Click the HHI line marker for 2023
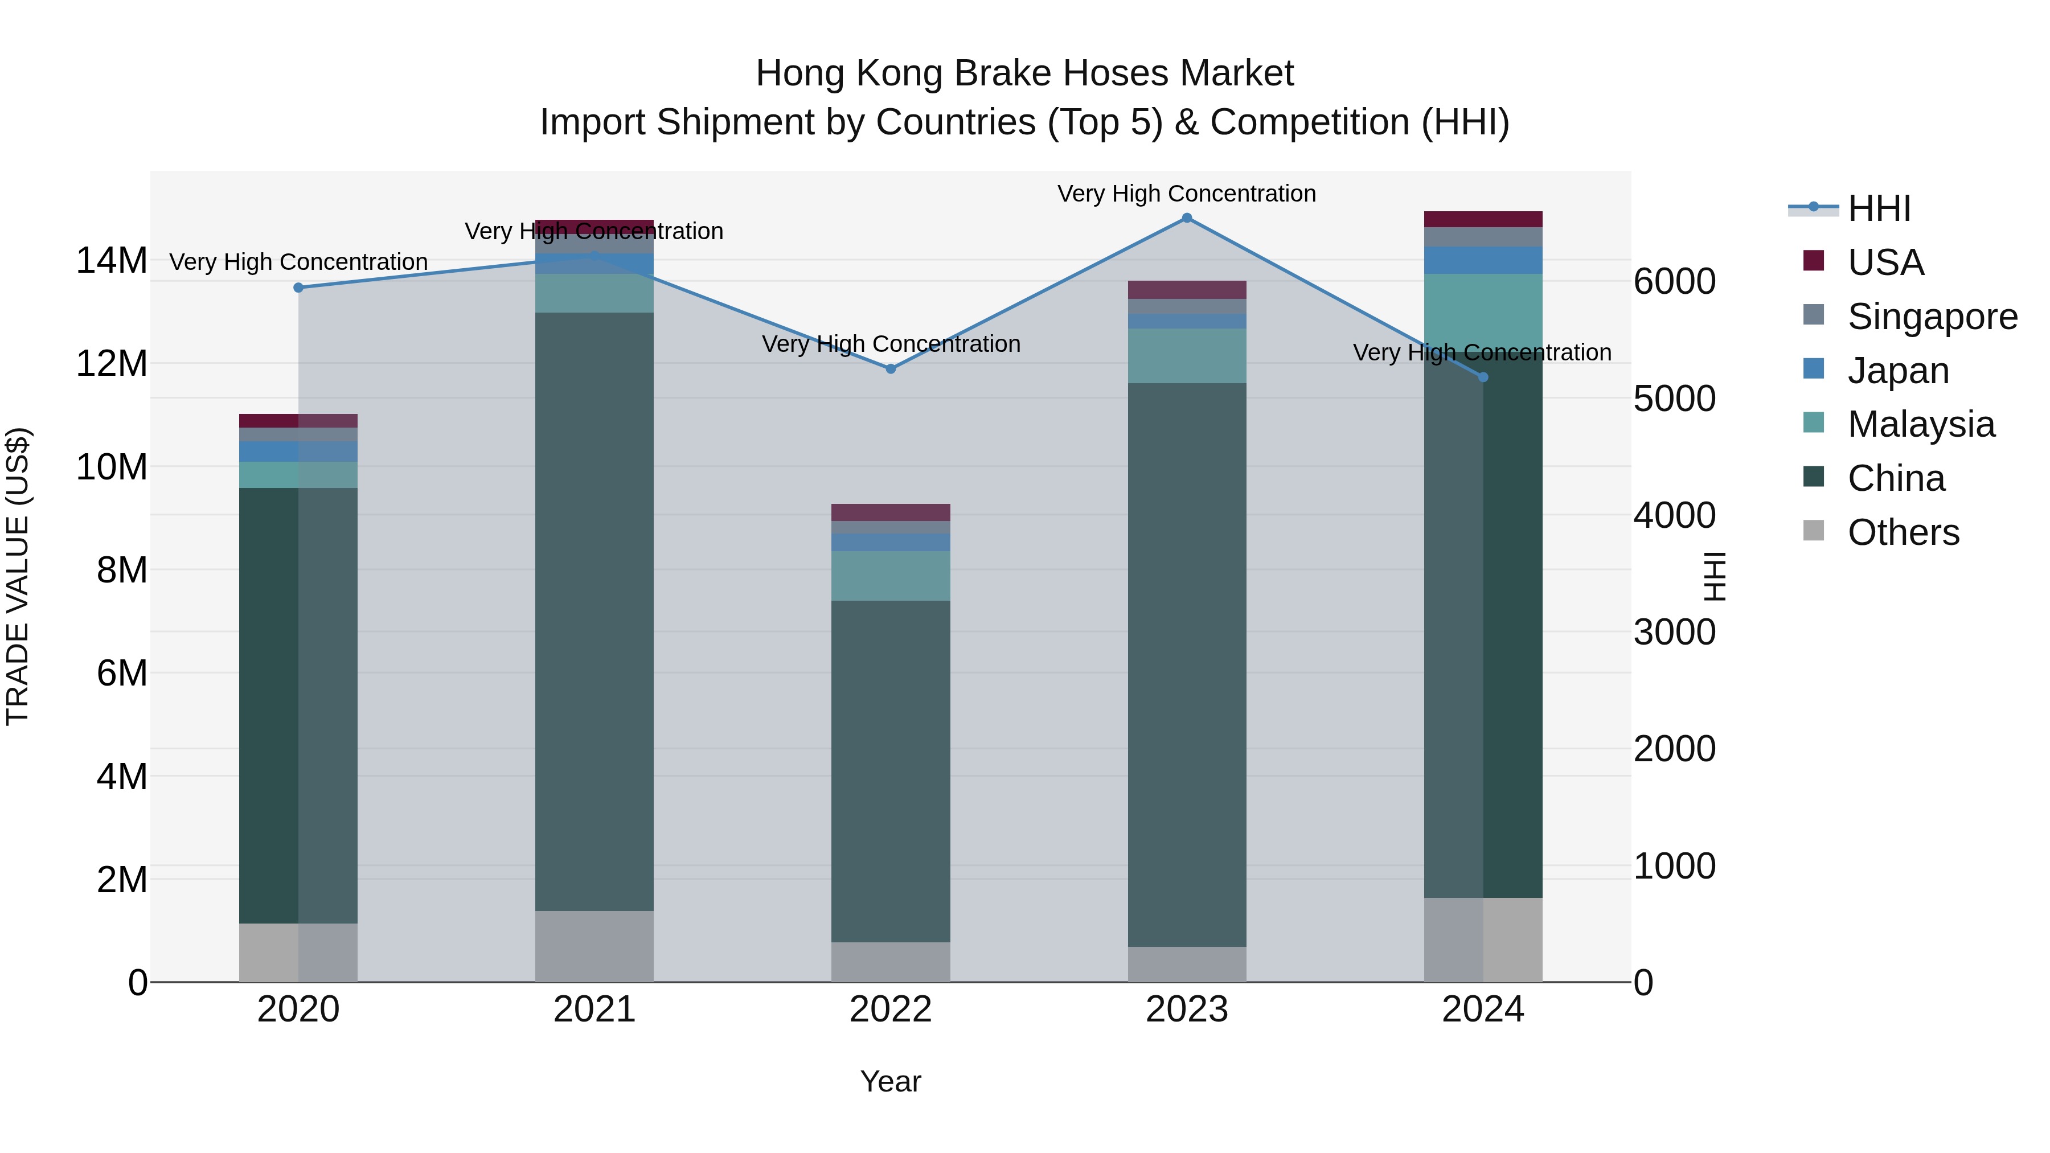tap(1187, 218)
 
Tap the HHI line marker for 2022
tap(891, 368)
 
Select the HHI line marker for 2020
tap(298, 288)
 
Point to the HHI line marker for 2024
tap(1483, 377)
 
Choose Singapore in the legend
tap(1932, 317)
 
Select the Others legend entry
tap(1903, 532)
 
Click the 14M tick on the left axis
tap(112, 260)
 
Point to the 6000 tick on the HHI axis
tap(1674, 282)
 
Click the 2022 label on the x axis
tap(891, 1010)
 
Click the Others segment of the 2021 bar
tap(594, 946)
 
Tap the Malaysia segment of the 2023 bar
tap(1187, 356)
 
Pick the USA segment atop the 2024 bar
tap(1483, 220)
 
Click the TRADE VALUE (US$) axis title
tap(18, 576)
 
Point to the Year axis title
tap(891, 1081)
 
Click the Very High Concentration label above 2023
tap(1187, 194)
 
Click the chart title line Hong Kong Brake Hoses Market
tap(1024, 73)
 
